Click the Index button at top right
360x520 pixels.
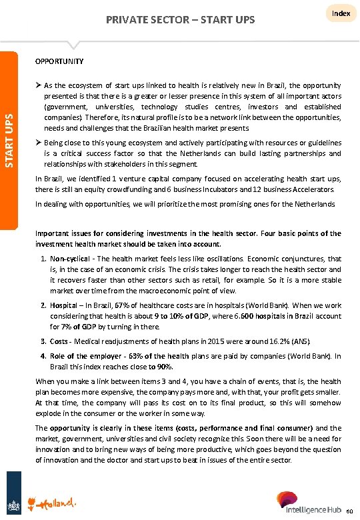[x=341, y=13]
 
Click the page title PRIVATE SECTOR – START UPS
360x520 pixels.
[x=180, y=20]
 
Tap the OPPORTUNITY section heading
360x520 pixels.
[x=59, y=61]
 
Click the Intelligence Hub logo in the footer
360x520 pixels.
[x=307, y=503]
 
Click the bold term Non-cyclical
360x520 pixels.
[x=70, y=259]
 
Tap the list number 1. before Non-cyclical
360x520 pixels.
[x=43, y=259]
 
